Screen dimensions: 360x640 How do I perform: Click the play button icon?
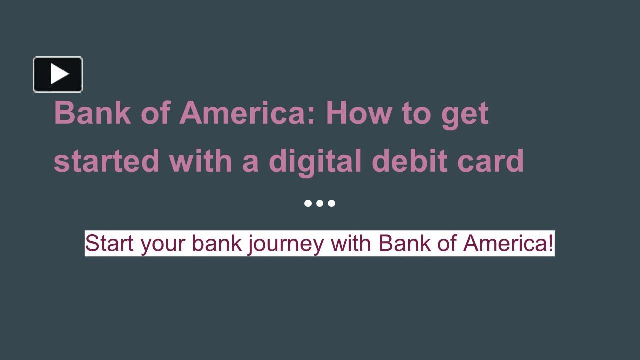coord(58,74)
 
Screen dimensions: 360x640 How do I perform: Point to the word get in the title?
coord(464,114)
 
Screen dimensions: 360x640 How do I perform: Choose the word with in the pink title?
coord(201,161)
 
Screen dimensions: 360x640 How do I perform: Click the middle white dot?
coord(320,203)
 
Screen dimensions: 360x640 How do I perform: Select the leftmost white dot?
coord(308,203)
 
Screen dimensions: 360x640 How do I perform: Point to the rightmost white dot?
coord(332,203)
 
